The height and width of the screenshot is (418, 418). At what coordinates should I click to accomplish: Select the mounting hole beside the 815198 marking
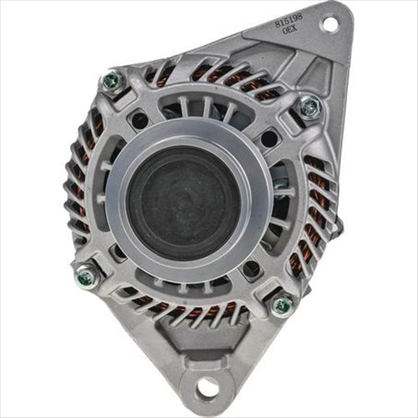[329, 24]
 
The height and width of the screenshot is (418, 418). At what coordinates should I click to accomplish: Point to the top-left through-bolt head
[112, 81]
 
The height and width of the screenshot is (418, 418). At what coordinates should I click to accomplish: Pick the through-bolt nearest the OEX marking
[309, 107]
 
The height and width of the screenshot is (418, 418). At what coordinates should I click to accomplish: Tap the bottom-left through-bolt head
[87, 276]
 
